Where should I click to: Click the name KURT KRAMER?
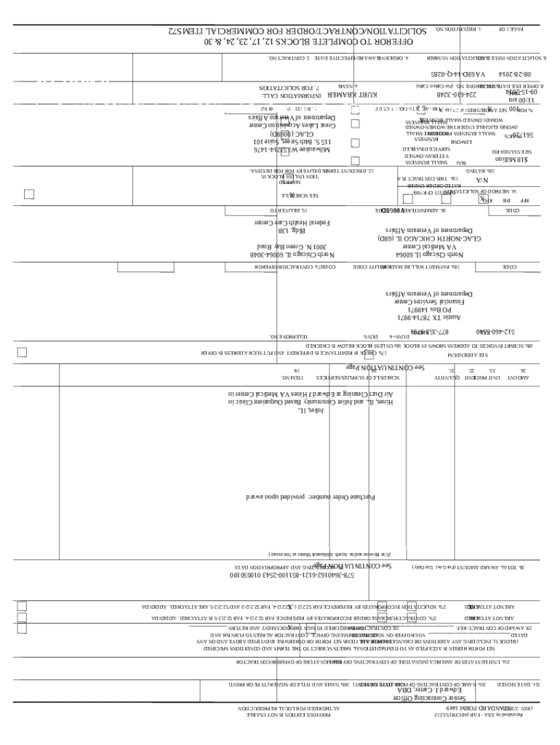click(x=353, y=95)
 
